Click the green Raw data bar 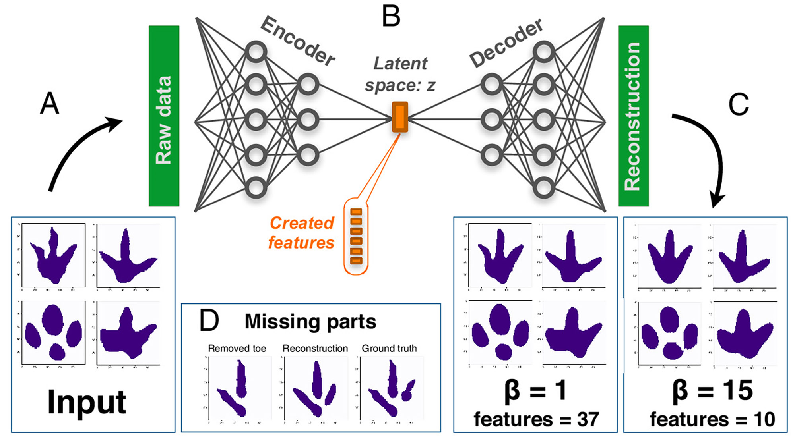[x=164, y=116]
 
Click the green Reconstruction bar [x=633, y=116]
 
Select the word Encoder [x=298, y=41]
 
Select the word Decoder [x=506, y=43]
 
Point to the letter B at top [x=391, y=17]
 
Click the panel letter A [x=50, y=104]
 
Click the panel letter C [x=738, y=105]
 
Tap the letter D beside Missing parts [x=209, y=321]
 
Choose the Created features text [x=301, y=233]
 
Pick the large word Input [x=87, y=402]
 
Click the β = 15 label [x=712, y=390]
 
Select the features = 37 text [x=536, y=419]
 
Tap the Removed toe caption [x=237, y=348]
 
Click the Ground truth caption [x=389, y=348]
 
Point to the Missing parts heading [x=310, y=322]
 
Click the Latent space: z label [x=400, y=74]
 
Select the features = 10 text [x=712, y=419]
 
